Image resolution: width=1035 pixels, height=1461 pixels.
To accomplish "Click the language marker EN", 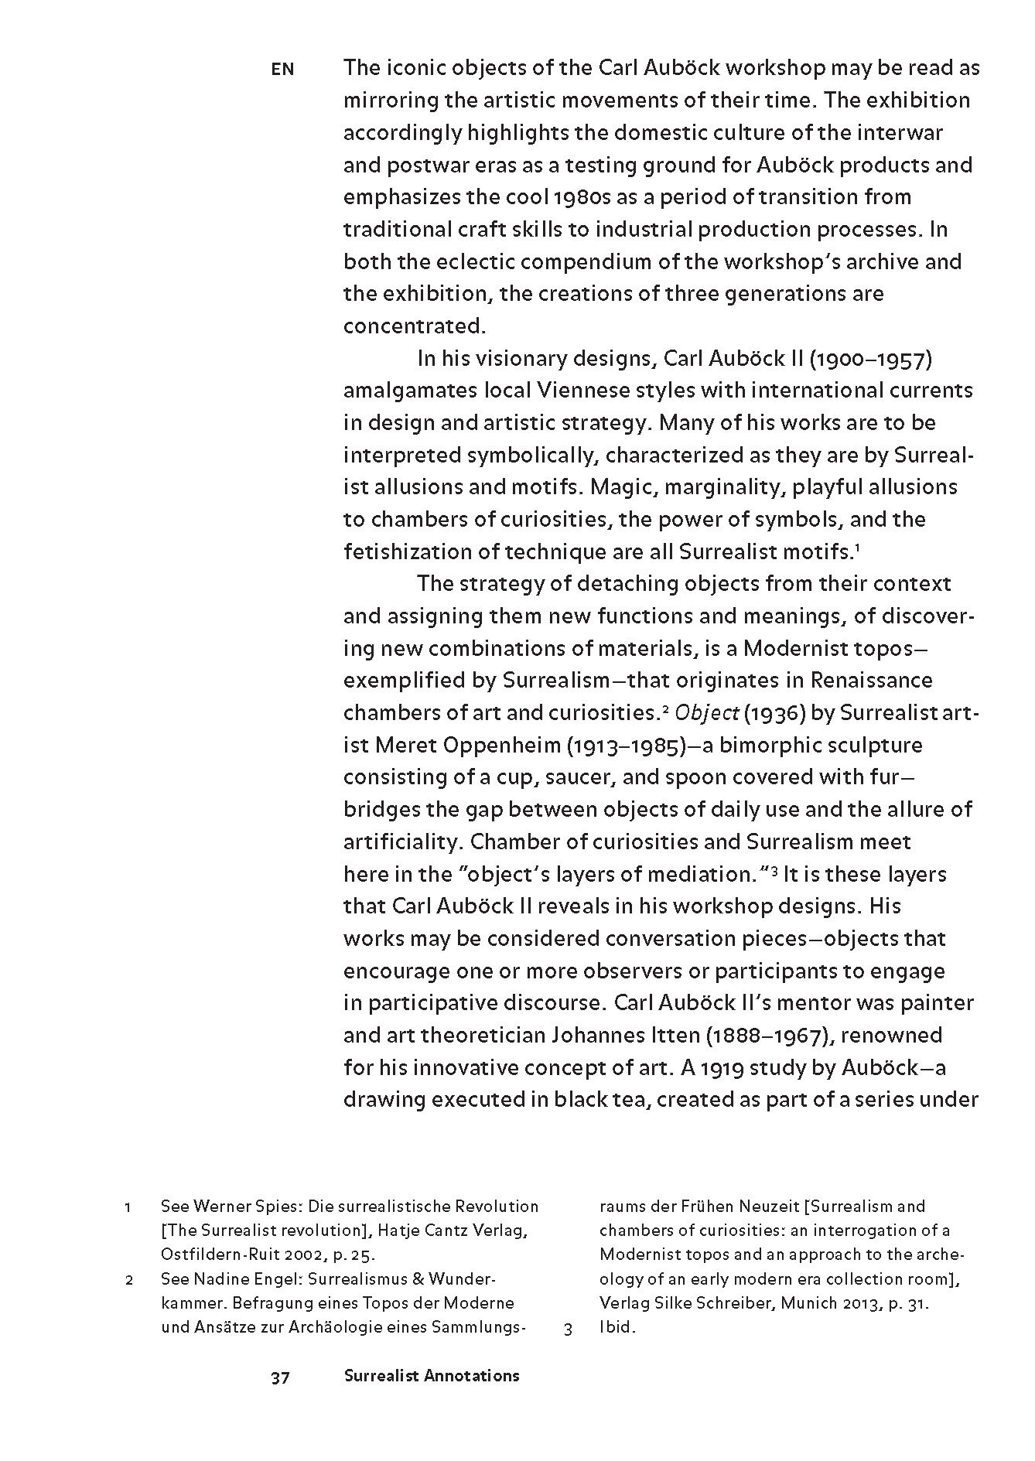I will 282,70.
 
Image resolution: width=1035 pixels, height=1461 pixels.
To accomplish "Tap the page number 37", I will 280,1377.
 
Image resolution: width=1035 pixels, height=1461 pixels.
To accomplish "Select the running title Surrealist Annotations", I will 432,1376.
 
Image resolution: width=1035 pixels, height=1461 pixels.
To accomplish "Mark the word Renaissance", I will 872,681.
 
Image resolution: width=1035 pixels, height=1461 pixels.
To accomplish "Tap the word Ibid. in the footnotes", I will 617,1329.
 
